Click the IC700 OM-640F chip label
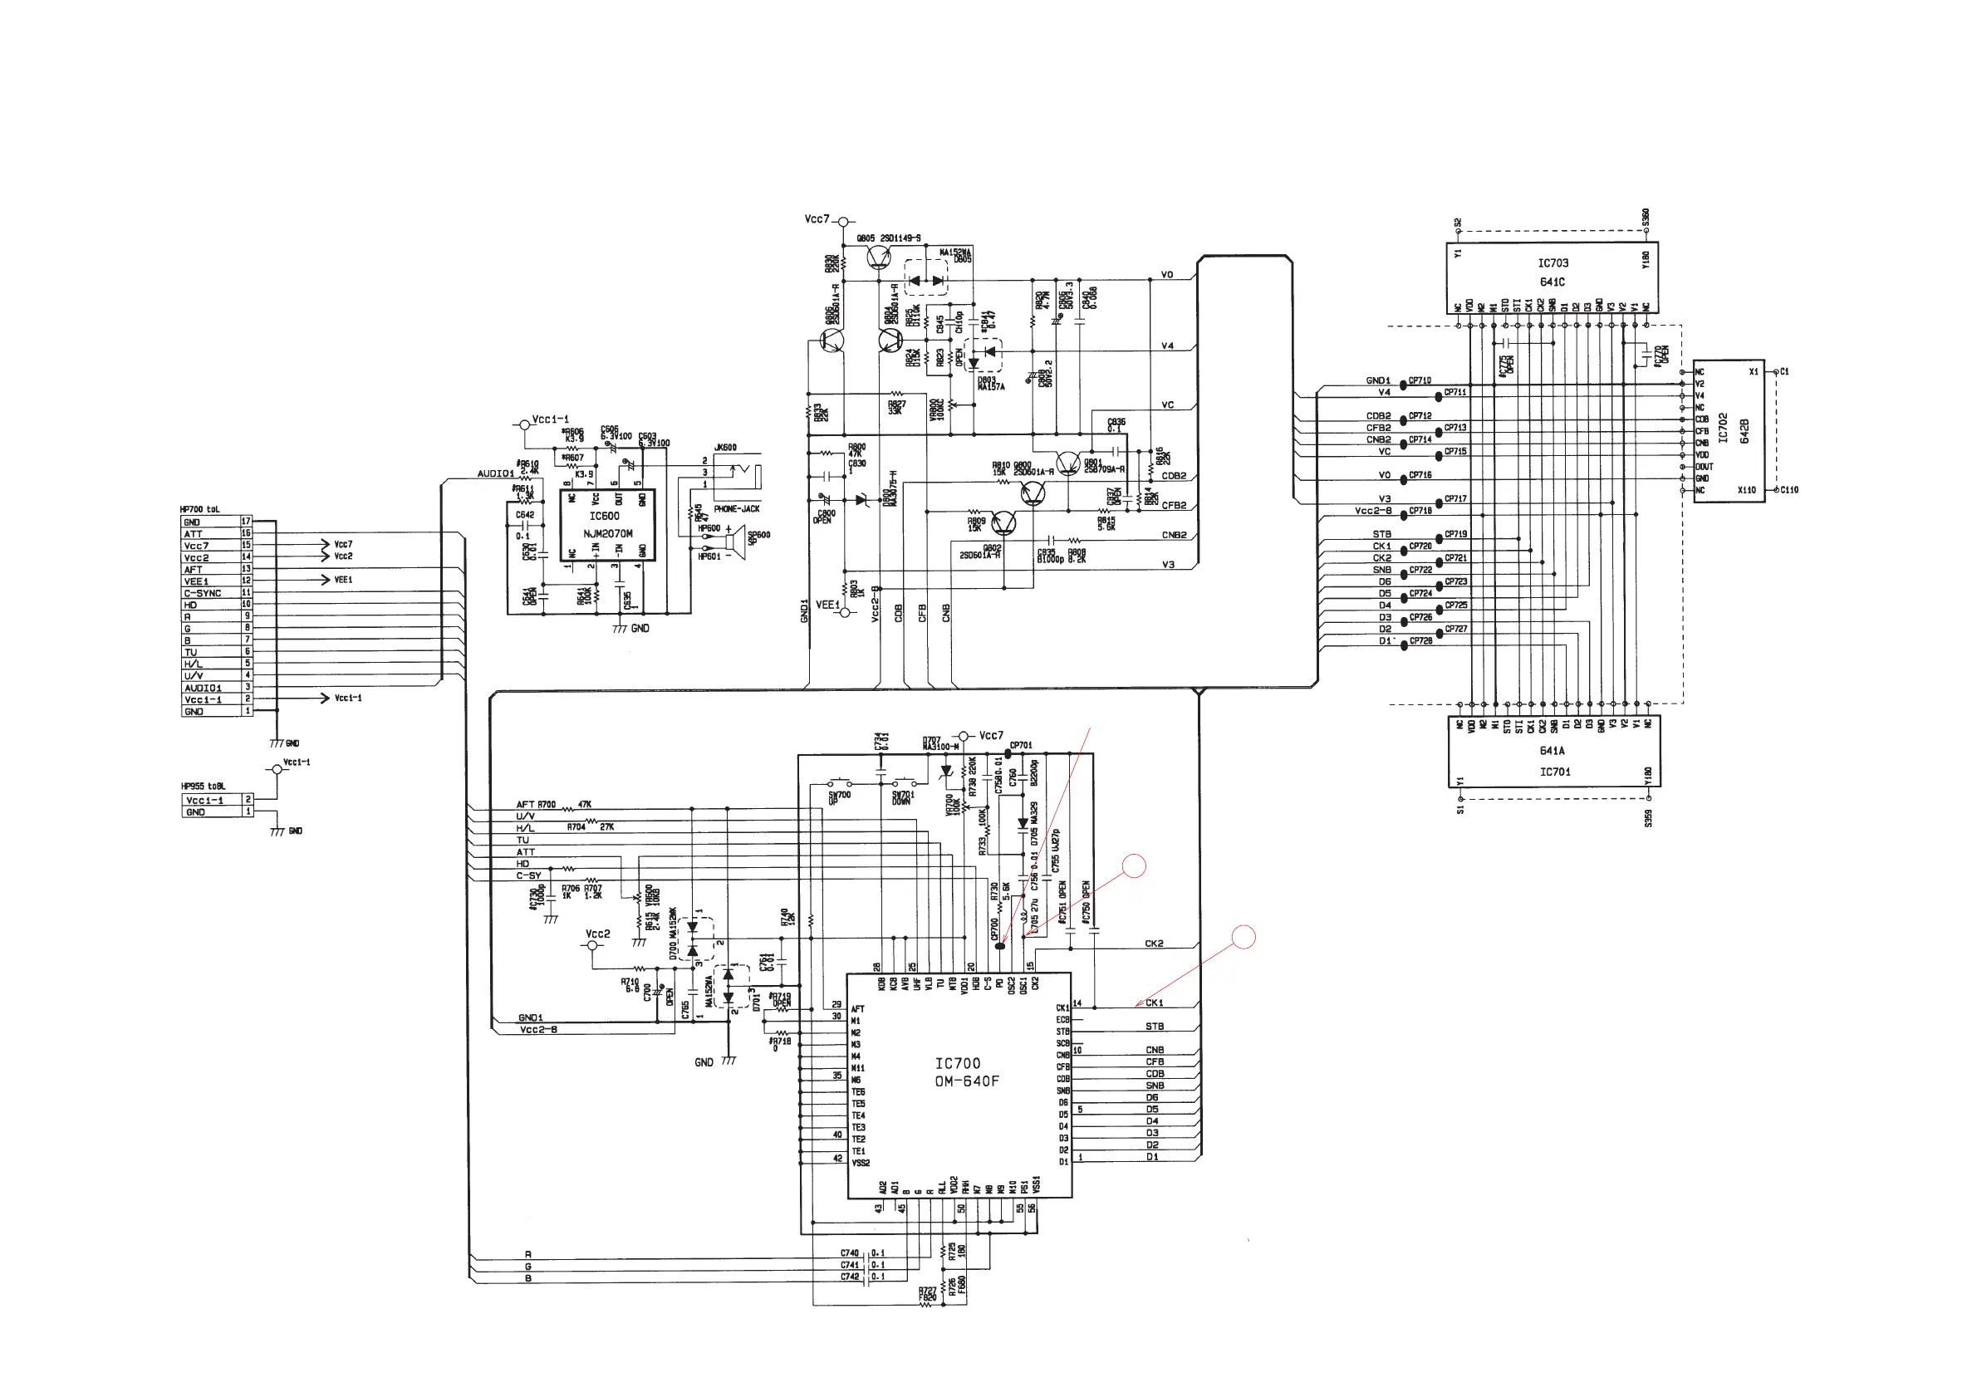click(x=966, y=1072)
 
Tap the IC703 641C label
click(x=1553, y=272)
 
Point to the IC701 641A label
click(x=1553, y=762)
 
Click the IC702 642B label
click(x=1734, y=429)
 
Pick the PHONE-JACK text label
click(x=736, y=508)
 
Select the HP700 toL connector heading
click(x=199, y=510)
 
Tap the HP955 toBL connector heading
click(x=203, y=786)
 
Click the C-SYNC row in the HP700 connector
click(x=203, y=593)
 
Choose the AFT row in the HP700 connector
click(x=193, y=569)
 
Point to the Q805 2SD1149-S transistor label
click(x=889, y=238)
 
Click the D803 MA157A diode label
click(x=990, y=383)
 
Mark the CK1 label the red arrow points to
click(x=1154, y=1002)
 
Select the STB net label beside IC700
click(x=1155, y=1026)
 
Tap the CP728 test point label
click(x=1420, y=640)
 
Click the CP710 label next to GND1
click(x=1420, y=380)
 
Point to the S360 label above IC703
click(x=1646, y=218)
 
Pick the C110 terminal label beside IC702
click(x=1788, y=490)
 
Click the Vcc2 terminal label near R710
click(x=597, y=934)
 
